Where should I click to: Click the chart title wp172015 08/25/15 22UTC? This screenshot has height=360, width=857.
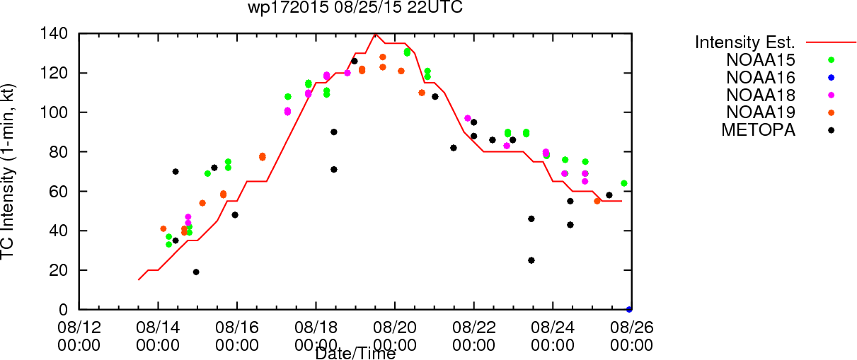355,7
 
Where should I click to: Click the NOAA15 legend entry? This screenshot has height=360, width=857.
761,59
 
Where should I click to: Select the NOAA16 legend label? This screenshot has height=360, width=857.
761,78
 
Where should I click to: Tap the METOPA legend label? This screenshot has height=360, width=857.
759,130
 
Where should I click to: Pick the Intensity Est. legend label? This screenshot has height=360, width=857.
745,42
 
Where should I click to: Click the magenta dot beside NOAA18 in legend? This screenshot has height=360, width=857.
831,95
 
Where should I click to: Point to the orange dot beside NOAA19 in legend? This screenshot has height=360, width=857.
831,112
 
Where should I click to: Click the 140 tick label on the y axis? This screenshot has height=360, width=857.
54,34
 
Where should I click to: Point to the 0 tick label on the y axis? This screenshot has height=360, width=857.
64,310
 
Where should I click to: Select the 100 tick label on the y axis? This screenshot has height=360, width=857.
54,112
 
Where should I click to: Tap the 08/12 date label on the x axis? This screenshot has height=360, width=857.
79,327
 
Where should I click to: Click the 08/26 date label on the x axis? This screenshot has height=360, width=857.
632,327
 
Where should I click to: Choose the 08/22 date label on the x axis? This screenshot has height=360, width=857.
473,327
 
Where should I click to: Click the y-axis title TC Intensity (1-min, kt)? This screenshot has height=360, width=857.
8,171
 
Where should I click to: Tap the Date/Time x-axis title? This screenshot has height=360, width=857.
355,354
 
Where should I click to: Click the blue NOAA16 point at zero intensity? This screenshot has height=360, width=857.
629,309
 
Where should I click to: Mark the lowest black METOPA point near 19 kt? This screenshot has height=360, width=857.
196,272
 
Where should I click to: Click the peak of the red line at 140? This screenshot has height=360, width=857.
375,34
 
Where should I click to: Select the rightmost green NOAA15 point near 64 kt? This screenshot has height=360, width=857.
624,183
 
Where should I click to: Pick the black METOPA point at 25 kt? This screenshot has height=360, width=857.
531,260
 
